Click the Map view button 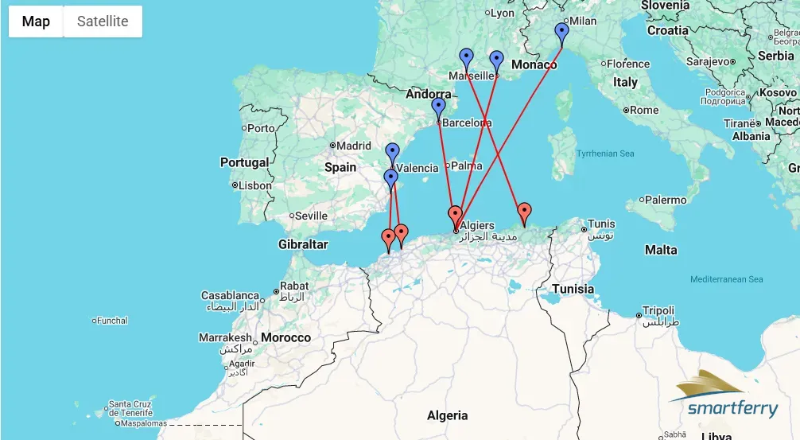click(x=36, y=21)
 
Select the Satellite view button click(x=103, y=21)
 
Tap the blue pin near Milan click(x=562, y=33)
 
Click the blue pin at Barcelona click(x=438, y=107)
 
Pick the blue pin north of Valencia click(x=392, y=152)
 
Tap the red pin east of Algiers click(x=524, y=212)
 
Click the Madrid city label click(x=354, y=146)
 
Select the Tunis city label click(x=601, y=224)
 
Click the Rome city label click(x=644, y=110)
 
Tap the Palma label click(x=467, y=166)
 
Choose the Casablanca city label click(x=231, y=296)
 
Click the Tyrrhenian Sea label click(x=605, y=154)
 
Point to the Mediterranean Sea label click(x=726, y=279)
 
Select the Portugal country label click(x=244, y=162)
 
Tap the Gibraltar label click(x=303, y=244)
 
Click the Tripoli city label click(x=658, y=311)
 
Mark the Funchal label click(x=112, y=321)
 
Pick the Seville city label click(x=310, y=216)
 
